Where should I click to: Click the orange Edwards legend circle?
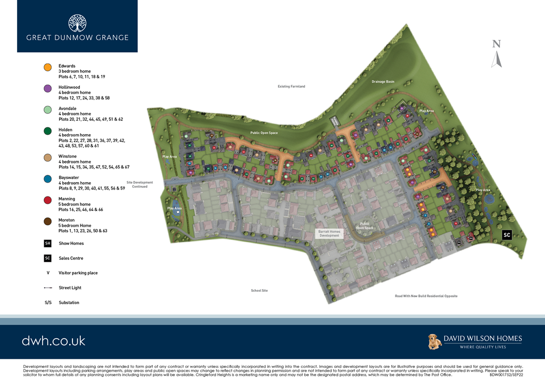[47, 67]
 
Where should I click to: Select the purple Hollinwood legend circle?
[47, 88]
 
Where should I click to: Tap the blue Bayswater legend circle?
[47, 179]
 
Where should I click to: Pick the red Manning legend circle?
[47, 200]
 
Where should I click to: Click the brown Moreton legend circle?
[47, 221]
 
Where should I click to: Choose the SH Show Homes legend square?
[48, 243]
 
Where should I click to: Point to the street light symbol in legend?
[48, 288]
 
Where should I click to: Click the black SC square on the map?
[507, 235]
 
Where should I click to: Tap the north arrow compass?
[496, 55]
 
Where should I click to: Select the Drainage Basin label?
[383, 81]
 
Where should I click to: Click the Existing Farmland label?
[291, 86]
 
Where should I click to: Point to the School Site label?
[259, 291]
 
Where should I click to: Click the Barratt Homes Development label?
[329, 233]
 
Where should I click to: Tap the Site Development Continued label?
[139, 184]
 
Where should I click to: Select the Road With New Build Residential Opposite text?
[426, 296]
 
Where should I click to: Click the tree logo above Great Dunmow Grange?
[77, 23]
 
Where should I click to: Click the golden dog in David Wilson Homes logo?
[435, 342]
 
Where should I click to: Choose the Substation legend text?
[69, 302]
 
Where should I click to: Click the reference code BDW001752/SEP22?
[506, 375]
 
